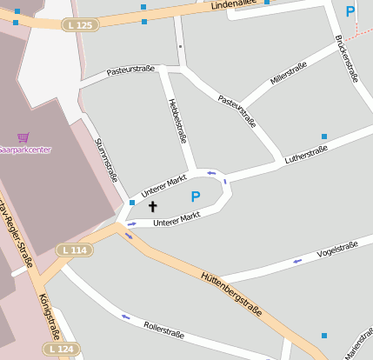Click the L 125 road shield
coord(79,25)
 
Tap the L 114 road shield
coord(76,250)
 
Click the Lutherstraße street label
coord(306,154)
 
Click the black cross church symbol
coord(153,207)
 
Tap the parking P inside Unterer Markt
coord(196,197)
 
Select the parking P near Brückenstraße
coord(350,11)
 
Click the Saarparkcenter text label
coord(25,150)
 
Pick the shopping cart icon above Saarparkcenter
coord(23,137)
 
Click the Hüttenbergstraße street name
coord(230,292)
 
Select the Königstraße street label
coord(49,315)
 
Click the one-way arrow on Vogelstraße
coord(297,260)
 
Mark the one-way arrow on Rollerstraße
coord(127,317)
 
